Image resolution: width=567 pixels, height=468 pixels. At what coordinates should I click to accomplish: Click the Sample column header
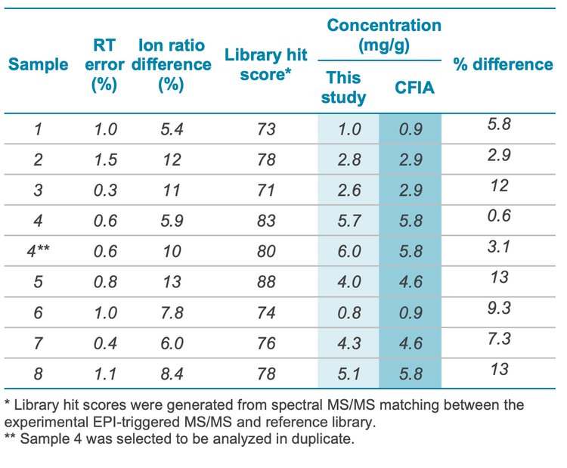coord(39,65)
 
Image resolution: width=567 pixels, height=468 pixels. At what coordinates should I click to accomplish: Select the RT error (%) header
coord(104,65)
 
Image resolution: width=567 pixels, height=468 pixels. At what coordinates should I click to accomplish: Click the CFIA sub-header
coord(414,87)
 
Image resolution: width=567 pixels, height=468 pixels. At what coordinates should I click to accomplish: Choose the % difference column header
coord(503,65)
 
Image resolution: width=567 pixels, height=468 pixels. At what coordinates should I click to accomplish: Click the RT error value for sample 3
coord(105,191)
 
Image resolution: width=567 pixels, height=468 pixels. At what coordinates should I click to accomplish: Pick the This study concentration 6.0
coord(349,252)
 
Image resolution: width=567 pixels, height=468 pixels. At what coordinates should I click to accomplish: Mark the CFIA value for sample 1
coord(411,129)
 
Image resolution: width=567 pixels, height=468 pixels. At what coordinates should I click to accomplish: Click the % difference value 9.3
coord(499,308)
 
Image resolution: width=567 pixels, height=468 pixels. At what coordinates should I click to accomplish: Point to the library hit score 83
coord(266,222)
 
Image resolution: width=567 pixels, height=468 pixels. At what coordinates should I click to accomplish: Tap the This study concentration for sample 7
coord(349,343)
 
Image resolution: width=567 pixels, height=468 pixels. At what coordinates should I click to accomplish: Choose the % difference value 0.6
coord(499,217)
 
